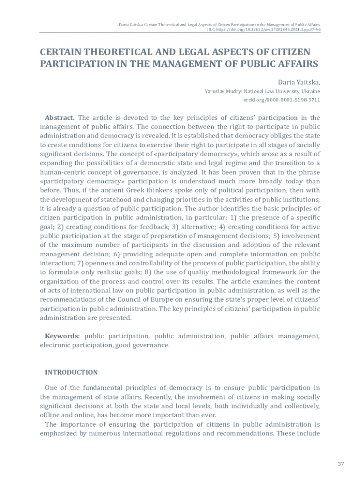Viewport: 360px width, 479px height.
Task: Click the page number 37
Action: click(340, 464)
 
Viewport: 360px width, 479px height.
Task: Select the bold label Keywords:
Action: click(62, 336)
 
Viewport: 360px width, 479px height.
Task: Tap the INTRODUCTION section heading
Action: click(71, 372)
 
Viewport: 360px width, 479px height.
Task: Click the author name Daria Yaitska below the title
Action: click(299, 81)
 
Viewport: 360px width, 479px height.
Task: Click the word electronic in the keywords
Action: click(55, 345)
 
